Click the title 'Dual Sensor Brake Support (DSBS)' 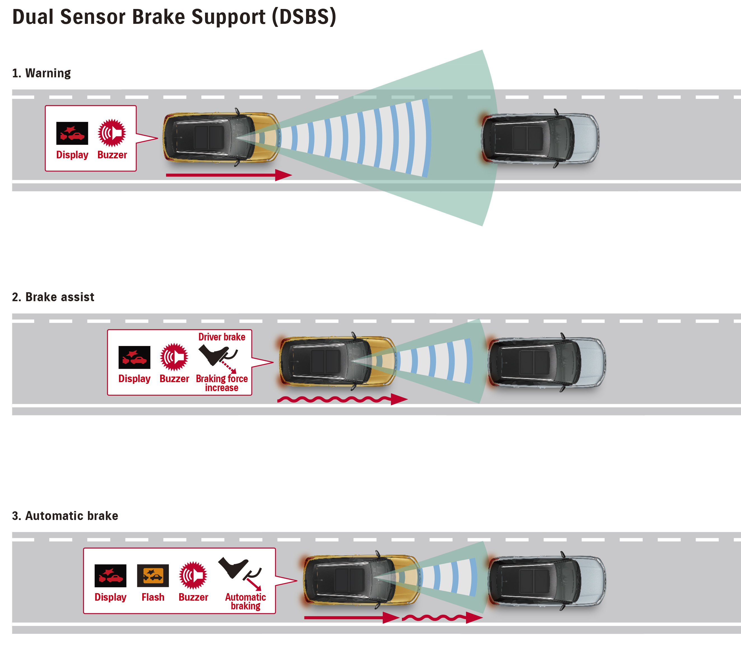[x=174, y=17]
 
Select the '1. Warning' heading [x=41, y=73]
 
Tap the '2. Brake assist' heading [x=53, y=297]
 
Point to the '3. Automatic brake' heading [x=65, y=516]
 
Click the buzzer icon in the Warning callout [x=112, y=133]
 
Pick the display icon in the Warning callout [x=72, y=133]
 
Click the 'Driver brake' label [x=222, y=337]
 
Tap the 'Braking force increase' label [x=222, y=383]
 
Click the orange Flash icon [x=153, y=575]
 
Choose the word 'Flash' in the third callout [x=153, y=597]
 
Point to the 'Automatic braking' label [x=245, y=602]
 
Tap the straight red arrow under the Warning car [x=229, y=175]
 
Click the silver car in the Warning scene [x=540, y=138]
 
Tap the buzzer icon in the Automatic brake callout [x=193, y=575]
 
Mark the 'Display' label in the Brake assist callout [x=134, y=379]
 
